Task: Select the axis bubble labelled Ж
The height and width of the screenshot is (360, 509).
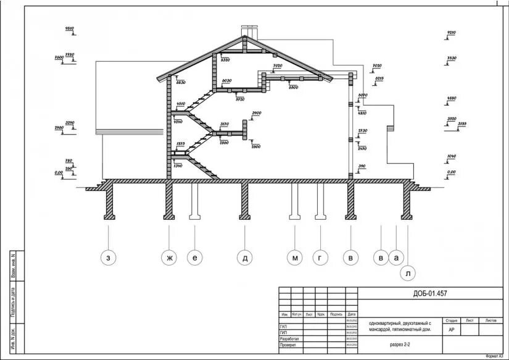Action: coord(168,259)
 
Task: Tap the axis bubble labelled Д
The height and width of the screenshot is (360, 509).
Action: coord(245,259)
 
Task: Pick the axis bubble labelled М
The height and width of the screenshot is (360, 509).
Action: coord(296,259)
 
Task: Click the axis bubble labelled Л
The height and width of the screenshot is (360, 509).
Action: coord(408,272)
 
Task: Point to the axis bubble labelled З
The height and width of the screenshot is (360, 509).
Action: coord(109,259)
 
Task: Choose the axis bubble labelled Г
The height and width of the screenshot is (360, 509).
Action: coord(320,259)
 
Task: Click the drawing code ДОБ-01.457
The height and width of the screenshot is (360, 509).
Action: coord(430,293)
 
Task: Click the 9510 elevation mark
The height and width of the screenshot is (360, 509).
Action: coord(70,29)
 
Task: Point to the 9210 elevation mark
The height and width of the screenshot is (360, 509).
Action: coord(451,32)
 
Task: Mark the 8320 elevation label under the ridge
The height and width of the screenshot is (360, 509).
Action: coord(225,60)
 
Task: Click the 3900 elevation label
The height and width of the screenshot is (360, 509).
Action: coord(257,113)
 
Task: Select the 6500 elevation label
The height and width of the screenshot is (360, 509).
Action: coord(293,88)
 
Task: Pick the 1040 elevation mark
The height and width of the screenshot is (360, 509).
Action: coord(451,157)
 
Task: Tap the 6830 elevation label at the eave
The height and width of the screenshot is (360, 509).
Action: coord(181,82)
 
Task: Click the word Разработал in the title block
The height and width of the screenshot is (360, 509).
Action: coord(290,339)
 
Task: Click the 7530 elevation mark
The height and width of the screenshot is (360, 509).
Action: coord(451,58)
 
